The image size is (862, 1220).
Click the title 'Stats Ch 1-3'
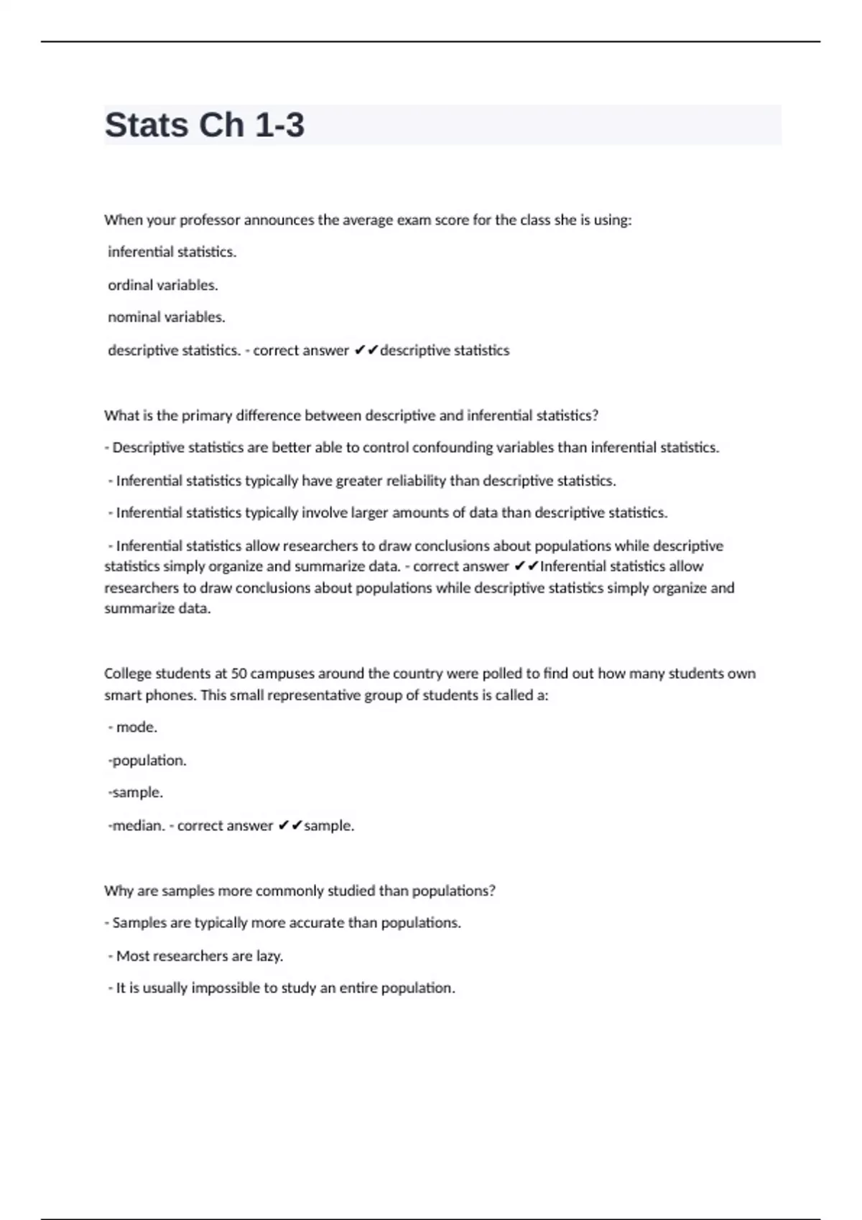205,125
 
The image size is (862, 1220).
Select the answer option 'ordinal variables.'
163,285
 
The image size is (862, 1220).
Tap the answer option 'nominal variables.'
167,317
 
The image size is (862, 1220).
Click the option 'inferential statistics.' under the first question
172,252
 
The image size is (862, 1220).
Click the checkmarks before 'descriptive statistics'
366,350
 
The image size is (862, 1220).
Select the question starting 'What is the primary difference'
351,416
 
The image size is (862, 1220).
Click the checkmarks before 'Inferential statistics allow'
527,566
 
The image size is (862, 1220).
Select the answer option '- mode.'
133,727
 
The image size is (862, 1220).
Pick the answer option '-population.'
147,760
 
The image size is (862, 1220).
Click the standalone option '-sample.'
136,792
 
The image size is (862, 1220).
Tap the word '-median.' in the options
136,825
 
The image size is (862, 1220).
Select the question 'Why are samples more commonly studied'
300,891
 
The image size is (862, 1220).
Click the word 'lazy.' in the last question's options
269,956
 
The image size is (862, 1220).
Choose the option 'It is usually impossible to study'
282,988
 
